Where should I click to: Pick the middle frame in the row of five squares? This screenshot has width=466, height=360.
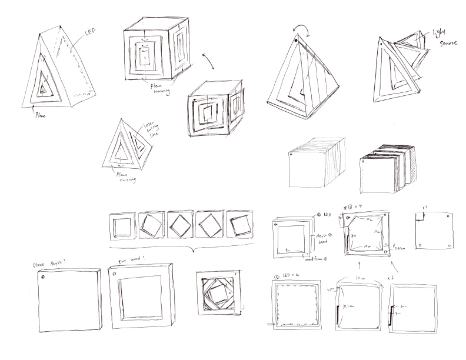click(181, 225)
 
